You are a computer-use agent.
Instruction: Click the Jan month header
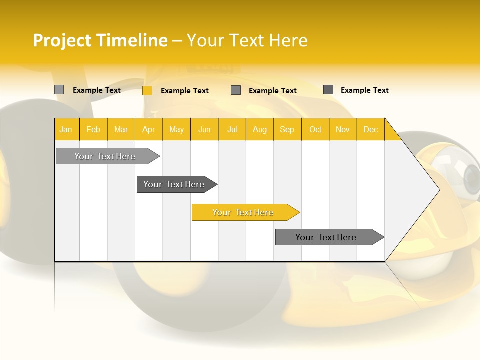(x=66, y=129)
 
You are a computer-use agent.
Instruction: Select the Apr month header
(x=148, y=129)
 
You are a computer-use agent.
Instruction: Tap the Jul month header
(x=232, y=129)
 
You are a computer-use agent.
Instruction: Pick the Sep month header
(x=287, y=129)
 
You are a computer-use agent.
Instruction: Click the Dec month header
(x=370, y=129)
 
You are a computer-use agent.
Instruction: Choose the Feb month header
(x=93, y=129)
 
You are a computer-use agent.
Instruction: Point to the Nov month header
(x=342, y=129)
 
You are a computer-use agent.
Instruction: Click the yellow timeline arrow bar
(x=243, y=212)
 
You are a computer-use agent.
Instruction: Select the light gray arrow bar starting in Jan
(x=105, y=156)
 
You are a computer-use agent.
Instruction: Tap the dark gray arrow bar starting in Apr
(x=174, y=184)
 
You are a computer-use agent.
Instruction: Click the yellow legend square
(x=147, y=90)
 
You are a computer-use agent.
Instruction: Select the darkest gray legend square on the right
(x=328, y=90)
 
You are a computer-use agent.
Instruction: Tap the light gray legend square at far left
(x=59, y=90)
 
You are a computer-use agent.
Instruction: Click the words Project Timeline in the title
(x=100, y=40)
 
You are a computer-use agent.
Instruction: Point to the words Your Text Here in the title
(x=247, y=40)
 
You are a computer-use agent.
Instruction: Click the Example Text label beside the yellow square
(x=184, y=91)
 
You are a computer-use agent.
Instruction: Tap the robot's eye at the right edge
(x=471, y=176)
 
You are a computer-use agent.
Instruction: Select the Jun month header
(x=204, y=129)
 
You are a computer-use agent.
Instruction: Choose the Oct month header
(x=315, y=129)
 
